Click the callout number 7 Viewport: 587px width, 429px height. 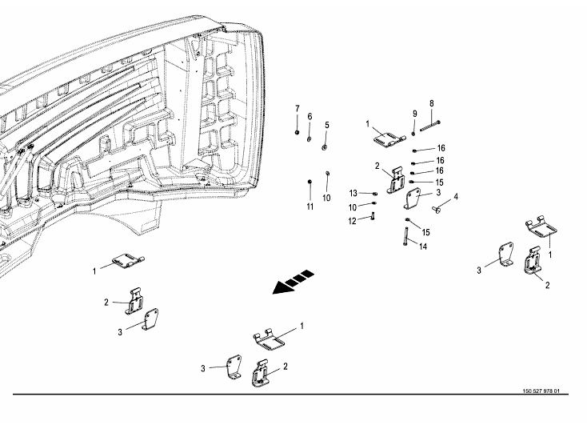coord(297,108)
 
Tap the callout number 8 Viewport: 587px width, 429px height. coord(431,103)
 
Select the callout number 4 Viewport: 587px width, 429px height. coord(455,197)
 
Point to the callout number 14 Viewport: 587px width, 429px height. coord(423,247)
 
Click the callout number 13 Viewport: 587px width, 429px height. coord(353,193)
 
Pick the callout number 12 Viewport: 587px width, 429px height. coord(353,221)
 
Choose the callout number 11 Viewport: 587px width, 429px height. coord(309,206)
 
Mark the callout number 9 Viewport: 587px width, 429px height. coord(415,113)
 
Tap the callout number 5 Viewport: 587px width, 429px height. coord(326,126)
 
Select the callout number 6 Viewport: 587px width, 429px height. coord(309,117)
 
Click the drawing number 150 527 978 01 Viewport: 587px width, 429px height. coord(540,391)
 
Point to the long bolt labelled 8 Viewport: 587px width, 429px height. coord(429,122)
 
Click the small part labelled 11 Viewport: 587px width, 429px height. coord(309,184)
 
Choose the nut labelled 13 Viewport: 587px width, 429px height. coord(374,193)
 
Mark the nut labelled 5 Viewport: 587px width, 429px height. coord(323,146)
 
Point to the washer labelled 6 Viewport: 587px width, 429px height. coord(309,138)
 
